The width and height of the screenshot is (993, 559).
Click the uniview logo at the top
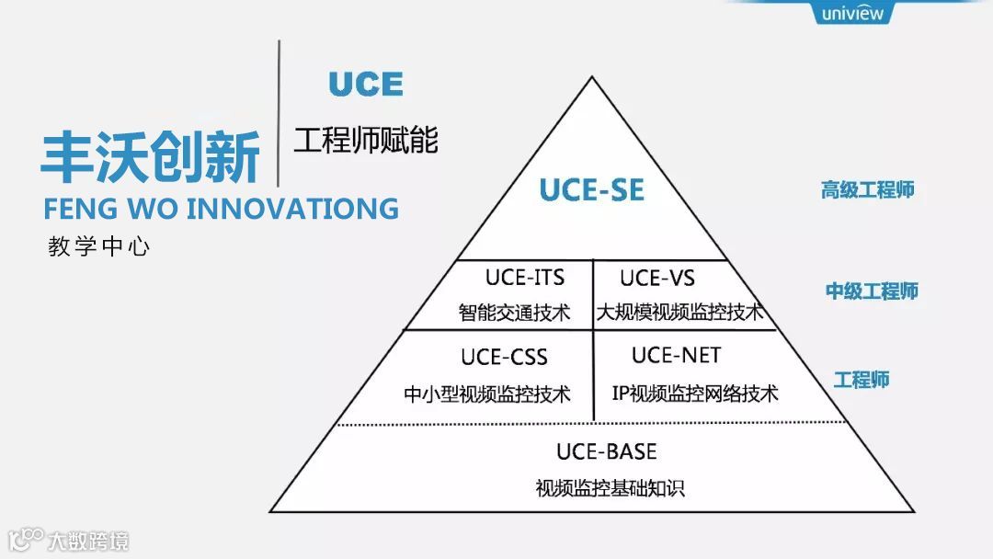point(852,13)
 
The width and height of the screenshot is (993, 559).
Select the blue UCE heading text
point(366,85)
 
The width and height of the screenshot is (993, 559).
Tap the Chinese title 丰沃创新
point(151,156)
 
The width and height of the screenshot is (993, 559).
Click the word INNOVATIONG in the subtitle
point(292,208)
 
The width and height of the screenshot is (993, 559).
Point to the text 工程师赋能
point(365,140)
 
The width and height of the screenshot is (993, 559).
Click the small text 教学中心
point(98,246)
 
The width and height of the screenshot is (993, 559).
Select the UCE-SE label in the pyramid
point(591,190)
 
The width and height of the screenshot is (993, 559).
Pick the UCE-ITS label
point(524,277)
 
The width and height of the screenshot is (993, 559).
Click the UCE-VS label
point(656,278)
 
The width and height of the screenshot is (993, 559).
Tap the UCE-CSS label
point(504,357)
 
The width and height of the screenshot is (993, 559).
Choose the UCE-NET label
point(676,355)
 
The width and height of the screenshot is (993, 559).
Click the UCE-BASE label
point(607,451)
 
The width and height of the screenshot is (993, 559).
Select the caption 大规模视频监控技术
point(679,313)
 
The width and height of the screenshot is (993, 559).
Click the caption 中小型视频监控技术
point(487,394)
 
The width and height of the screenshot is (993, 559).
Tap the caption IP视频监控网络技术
point(695,394)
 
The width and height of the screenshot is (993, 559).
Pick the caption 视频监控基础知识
point(611,488)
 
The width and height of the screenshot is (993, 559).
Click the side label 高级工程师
point(867,190)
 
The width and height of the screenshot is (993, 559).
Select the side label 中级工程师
point(871,291)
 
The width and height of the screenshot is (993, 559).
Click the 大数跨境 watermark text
point(88,540)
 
